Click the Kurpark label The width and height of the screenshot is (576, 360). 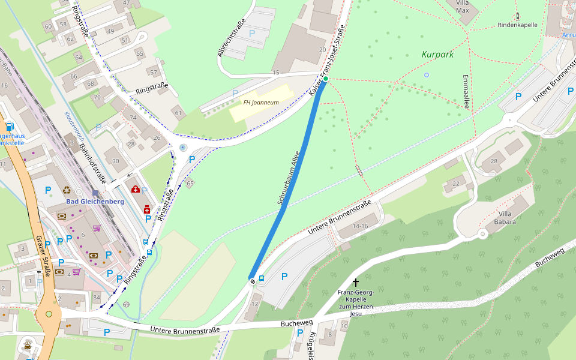[x=437, y=54]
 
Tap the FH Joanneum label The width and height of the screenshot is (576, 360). [x=260, y=103]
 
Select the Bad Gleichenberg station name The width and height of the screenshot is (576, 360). [x=95, y=202]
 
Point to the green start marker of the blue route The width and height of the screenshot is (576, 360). [x=326, y=79]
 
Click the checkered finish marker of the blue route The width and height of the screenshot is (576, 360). [x=253, y=279]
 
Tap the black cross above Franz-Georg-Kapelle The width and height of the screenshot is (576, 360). [x=355, y=282]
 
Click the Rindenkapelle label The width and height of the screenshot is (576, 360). [x=517, y=25]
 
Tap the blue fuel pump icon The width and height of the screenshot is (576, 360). [x=10, y=127]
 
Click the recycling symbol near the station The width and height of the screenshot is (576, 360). [x=66, y=191]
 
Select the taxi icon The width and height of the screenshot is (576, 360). [x=28, y=346]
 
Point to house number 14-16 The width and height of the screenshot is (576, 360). [x=361, y=226]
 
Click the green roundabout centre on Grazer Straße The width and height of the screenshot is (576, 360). [x=49, y=314]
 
